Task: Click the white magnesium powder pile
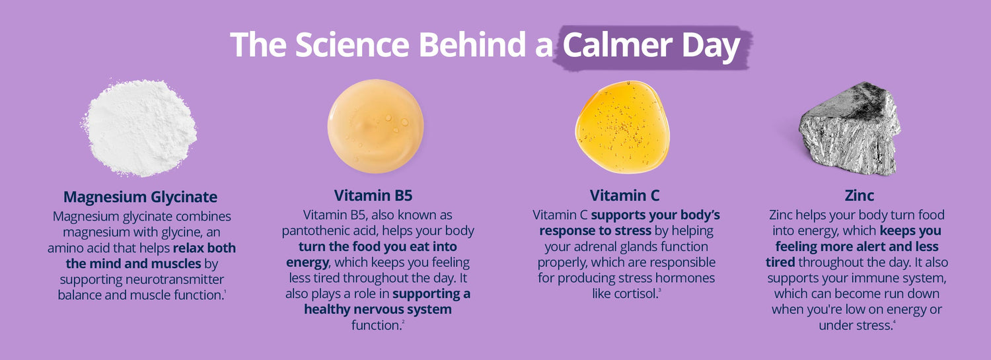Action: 140,127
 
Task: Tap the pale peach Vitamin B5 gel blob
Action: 376,126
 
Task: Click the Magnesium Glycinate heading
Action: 140,197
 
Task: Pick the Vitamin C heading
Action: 624,196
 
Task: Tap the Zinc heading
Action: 859,196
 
